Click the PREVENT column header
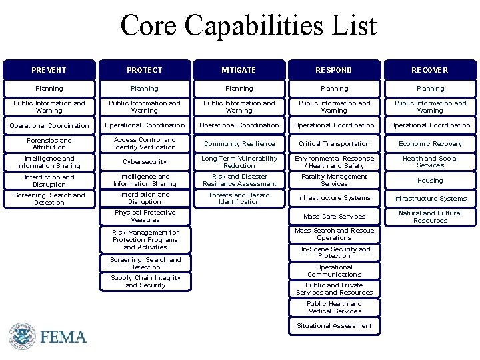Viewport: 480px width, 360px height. (49, 70)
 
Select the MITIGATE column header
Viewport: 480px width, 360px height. (239, 70)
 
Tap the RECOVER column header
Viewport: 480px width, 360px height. (430, 70)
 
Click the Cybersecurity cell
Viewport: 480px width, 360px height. (145, 162)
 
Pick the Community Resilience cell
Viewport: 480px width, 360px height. (239, 144)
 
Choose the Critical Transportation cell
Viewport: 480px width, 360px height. (334, 144)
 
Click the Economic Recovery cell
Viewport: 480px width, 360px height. (430, 144)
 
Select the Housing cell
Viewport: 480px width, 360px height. (430, 181)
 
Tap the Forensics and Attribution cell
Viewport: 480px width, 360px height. (49, 144)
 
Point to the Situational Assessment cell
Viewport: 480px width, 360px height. (334, 326)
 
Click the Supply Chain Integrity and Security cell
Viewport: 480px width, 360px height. (145, 282)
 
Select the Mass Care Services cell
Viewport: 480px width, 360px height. (334, 217)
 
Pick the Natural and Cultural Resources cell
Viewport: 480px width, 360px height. (430, 217)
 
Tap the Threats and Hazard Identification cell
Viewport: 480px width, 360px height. (239, 199)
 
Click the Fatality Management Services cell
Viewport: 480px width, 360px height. (334, 181)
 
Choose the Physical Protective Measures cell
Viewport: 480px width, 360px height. (145, 216)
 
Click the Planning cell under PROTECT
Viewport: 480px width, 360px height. (145, 89)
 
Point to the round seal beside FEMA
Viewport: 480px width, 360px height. (22, 336)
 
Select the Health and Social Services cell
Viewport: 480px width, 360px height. (430, 162)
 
